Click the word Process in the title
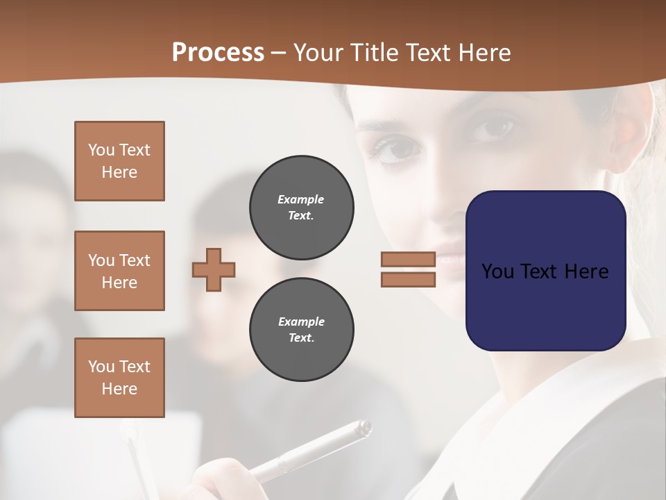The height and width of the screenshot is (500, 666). [x=218, y=53]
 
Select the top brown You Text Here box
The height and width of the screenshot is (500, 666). [x=119, y=161]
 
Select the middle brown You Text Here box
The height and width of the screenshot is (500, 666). [x=119, y=271]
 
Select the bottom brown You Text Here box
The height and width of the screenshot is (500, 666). [x=119, y=378]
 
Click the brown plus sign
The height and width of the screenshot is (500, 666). [x=214, y=269]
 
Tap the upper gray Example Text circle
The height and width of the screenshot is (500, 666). [x=302, y=208]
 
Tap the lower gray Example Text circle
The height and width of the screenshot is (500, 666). [x=302, y=330]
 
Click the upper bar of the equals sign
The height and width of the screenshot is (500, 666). [x=408, y=259]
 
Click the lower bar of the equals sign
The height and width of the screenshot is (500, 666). [x=408, y=280]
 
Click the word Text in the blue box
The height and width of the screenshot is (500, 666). [x=545, y=271]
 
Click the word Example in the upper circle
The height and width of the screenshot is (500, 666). [x=301, y=199]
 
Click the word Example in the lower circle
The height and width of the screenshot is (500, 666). [x=301, y=322]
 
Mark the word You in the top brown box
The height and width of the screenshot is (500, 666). [x=101, y=150]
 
